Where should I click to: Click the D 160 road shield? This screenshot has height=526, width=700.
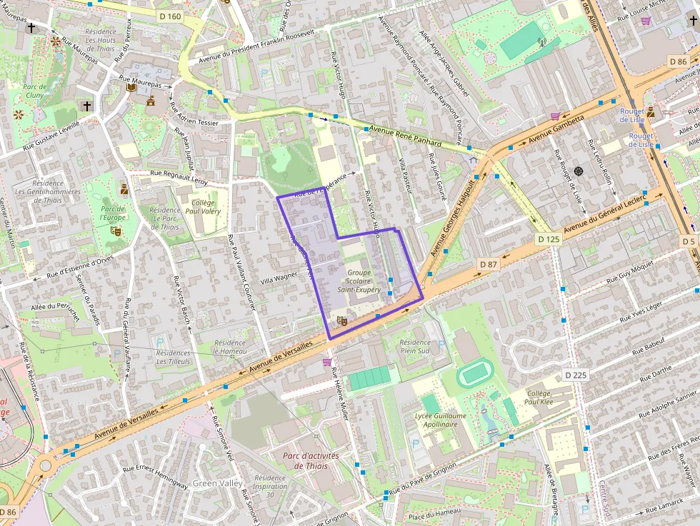[170, 14]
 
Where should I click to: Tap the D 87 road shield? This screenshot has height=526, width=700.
[488, 264]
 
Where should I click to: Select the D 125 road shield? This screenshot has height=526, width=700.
[549, 239]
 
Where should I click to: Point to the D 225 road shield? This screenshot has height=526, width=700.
[575, 375]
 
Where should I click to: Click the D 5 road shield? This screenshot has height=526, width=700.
[688, 241]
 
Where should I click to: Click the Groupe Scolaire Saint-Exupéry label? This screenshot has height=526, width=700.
[364, 281]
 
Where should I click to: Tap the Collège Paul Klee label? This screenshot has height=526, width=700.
[544, 398]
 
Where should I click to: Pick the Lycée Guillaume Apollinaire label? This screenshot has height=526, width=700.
[440, 420]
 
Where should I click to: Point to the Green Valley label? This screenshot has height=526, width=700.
[214, 483]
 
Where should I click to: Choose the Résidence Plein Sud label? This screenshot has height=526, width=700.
[415, 347]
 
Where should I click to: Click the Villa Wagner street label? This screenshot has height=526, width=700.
[279, 275]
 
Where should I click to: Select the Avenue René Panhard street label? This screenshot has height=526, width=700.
[405, 136]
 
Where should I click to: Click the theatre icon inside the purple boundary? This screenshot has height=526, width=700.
[341, 321]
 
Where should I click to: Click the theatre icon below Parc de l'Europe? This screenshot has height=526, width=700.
[114, 231]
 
